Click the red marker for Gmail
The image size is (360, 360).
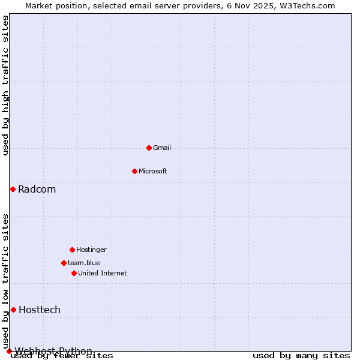coord(149,148)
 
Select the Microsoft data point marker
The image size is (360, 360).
coord(134,171)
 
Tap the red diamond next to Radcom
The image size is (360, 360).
coord(13,189)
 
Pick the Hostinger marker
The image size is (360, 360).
coord(72,250)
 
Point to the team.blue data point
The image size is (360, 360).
coord(64,263)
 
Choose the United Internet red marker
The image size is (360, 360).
coord(74,273)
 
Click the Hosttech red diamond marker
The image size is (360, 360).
coord(13,310)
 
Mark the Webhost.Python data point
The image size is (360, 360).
coord(9,351)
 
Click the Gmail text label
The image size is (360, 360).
coord(162,148)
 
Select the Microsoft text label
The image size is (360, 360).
coord(153,171)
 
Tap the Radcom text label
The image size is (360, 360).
coord(37,190)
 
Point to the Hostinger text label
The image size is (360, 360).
coord(91,250)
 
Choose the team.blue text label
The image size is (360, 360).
coord(84,263)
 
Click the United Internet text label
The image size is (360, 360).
coord(103,273)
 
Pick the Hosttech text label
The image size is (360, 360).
coord(40,310)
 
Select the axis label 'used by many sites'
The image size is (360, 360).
coord(301,355)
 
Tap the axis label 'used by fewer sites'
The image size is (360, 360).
coord(62,356)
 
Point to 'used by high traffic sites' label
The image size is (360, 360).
coord(6,85)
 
